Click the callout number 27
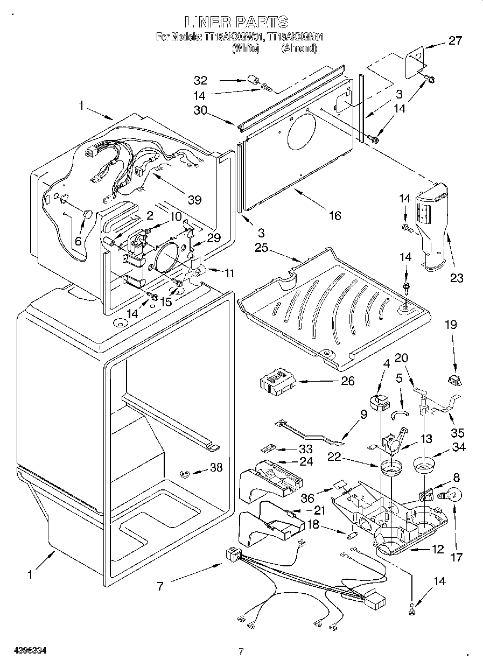(x=455, y=41)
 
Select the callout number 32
(x=200, y=81)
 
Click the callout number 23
(x=457, y=278)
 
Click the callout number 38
(x=216, y=468)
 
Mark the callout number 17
(x=456, y=558)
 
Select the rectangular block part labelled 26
(x=277, y=382)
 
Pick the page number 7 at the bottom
(x=241, y=651)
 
